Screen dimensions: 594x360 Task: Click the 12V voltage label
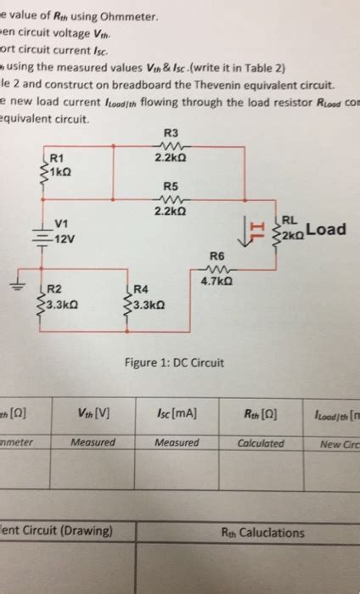64,238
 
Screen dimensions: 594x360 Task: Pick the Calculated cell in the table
261,442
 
